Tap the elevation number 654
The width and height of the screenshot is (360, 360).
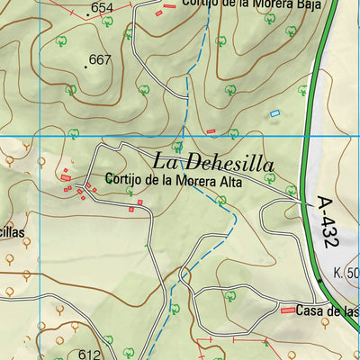click(x=103, y=8)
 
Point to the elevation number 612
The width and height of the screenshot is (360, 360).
click(x=89, y=354)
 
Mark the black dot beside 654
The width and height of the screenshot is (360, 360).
click(x=87, y=14)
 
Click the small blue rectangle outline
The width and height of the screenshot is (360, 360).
click(x=275, y=113)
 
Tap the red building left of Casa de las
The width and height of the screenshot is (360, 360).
click(x=288, y=310)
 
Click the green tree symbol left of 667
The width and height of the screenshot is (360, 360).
click(x=60, y=40)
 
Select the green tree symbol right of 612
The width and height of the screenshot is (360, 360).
click(x=108, y=340)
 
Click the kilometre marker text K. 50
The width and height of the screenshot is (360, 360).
click(x=346, y=272)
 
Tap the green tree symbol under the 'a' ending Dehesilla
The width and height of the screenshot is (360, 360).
click(x=291, y=191)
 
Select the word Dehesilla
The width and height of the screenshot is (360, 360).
click(x=241, y=162)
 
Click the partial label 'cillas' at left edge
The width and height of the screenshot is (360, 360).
click(x=13, y=231)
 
